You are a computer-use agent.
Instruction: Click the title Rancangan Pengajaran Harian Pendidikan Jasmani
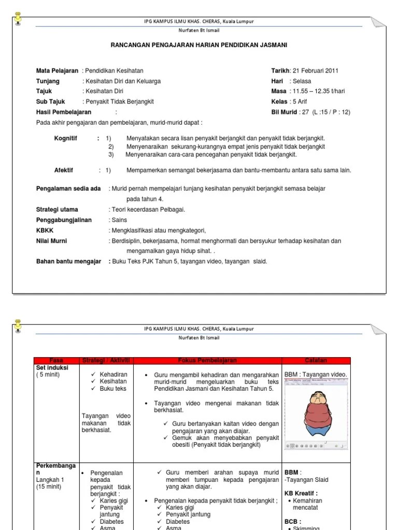pos(199,45)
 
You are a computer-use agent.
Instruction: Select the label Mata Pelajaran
pos(57,71)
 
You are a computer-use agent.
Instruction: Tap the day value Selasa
pos(302,81)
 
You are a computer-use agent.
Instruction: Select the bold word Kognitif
pos(66,139)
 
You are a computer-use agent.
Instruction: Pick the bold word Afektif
pos(64,170)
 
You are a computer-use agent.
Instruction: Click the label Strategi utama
pos(57,210)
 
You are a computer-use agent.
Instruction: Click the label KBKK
pos(45,230)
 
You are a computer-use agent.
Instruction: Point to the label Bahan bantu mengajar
pos(68,261)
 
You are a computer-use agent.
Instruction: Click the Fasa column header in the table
pos(56,361)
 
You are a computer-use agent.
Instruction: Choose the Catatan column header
pos(316,361)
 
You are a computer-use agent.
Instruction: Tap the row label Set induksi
pos(52,367)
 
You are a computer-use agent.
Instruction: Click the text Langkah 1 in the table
pos(50,480)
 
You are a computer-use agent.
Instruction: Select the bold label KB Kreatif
pos(301,493)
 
